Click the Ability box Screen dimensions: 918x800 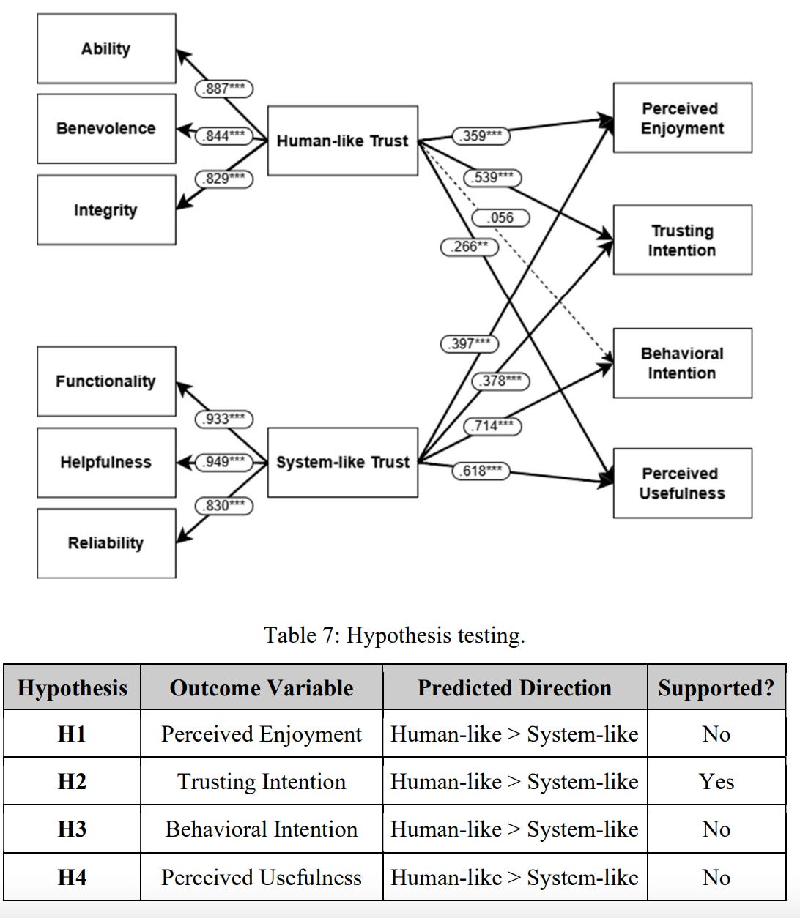pyautogui.click(x=106, y=48)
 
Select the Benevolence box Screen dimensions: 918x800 pyautogui.click(x=106, y=128)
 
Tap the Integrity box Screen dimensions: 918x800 pyautogui.click(x=106, y=209)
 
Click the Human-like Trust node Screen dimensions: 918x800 pyautogui.click(x=342, y=141)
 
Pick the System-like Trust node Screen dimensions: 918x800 pyautogui.click(x=342, y=462)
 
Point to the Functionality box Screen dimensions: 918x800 pyautogui.click(x=106, y=381)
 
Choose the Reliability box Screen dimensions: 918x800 pyautogui.click(x=106, y=542)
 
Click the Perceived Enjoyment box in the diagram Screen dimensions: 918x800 pyautogui.click(x=682, y=118)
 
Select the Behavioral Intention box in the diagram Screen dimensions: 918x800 pyautogui.click(x=682, y=363)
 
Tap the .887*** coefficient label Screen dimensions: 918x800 pyautogui.click(x=223, y=89)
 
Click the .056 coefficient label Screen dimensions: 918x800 pyautogui.click(x=501, y=217)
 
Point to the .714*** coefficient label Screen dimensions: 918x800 pyautogui.click(x=492, y=425)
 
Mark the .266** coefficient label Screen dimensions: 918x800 pyautogui.click(x=469, y=247)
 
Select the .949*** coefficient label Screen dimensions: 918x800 pyautogui.click(x=223, y=462)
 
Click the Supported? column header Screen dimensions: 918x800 pyautogui.click(x=716, y=687)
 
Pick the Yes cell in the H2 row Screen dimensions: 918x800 pyautogui.click(x=716, y=781)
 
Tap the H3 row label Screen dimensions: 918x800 pyautogui.click(x=72, y=829)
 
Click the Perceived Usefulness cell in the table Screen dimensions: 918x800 pyautogui.click(x=262, y=877)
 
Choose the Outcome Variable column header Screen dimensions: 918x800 pyautogui.click(x=262, y=687)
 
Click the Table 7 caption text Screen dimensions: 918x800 pyautogui.click(x=394, y=635)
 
